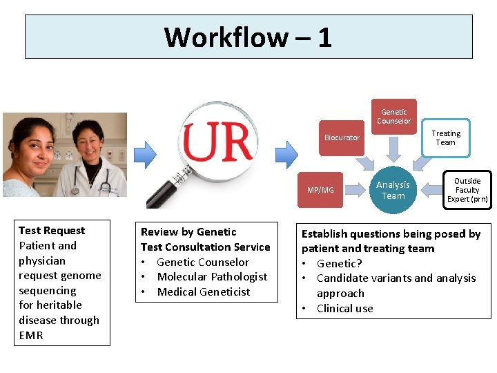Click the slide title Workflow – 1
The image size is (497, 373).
[x=248, y=37]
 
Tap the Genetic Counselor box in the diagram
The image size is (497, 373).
[x=394, y=116]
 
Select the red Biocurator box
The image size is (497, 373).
[x=342, y=137]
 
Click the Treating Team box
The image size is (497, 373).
[x=445, y=137]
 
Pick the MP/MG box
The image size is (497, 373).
[x=320, y=190]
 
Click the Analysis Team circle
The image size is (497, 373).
[x=393, y=190]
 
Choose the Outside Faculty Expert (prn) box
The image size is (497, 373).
[x=467, y=190]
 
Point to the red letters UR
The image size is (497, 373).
[x=218, y=142]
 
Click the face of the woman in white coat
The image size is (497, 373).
[x=90, y=144]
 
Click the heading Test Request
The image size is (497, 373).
[x=52, y=231]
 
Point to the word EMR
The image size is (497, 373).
[x=31, y=336]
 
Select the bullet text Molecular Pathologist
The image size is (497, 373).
[x=212, y=277]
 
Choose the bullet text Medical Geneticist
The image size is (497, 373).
[x=204, y=292]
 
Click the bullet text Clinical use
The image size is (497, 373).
[x=344, y=309]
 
